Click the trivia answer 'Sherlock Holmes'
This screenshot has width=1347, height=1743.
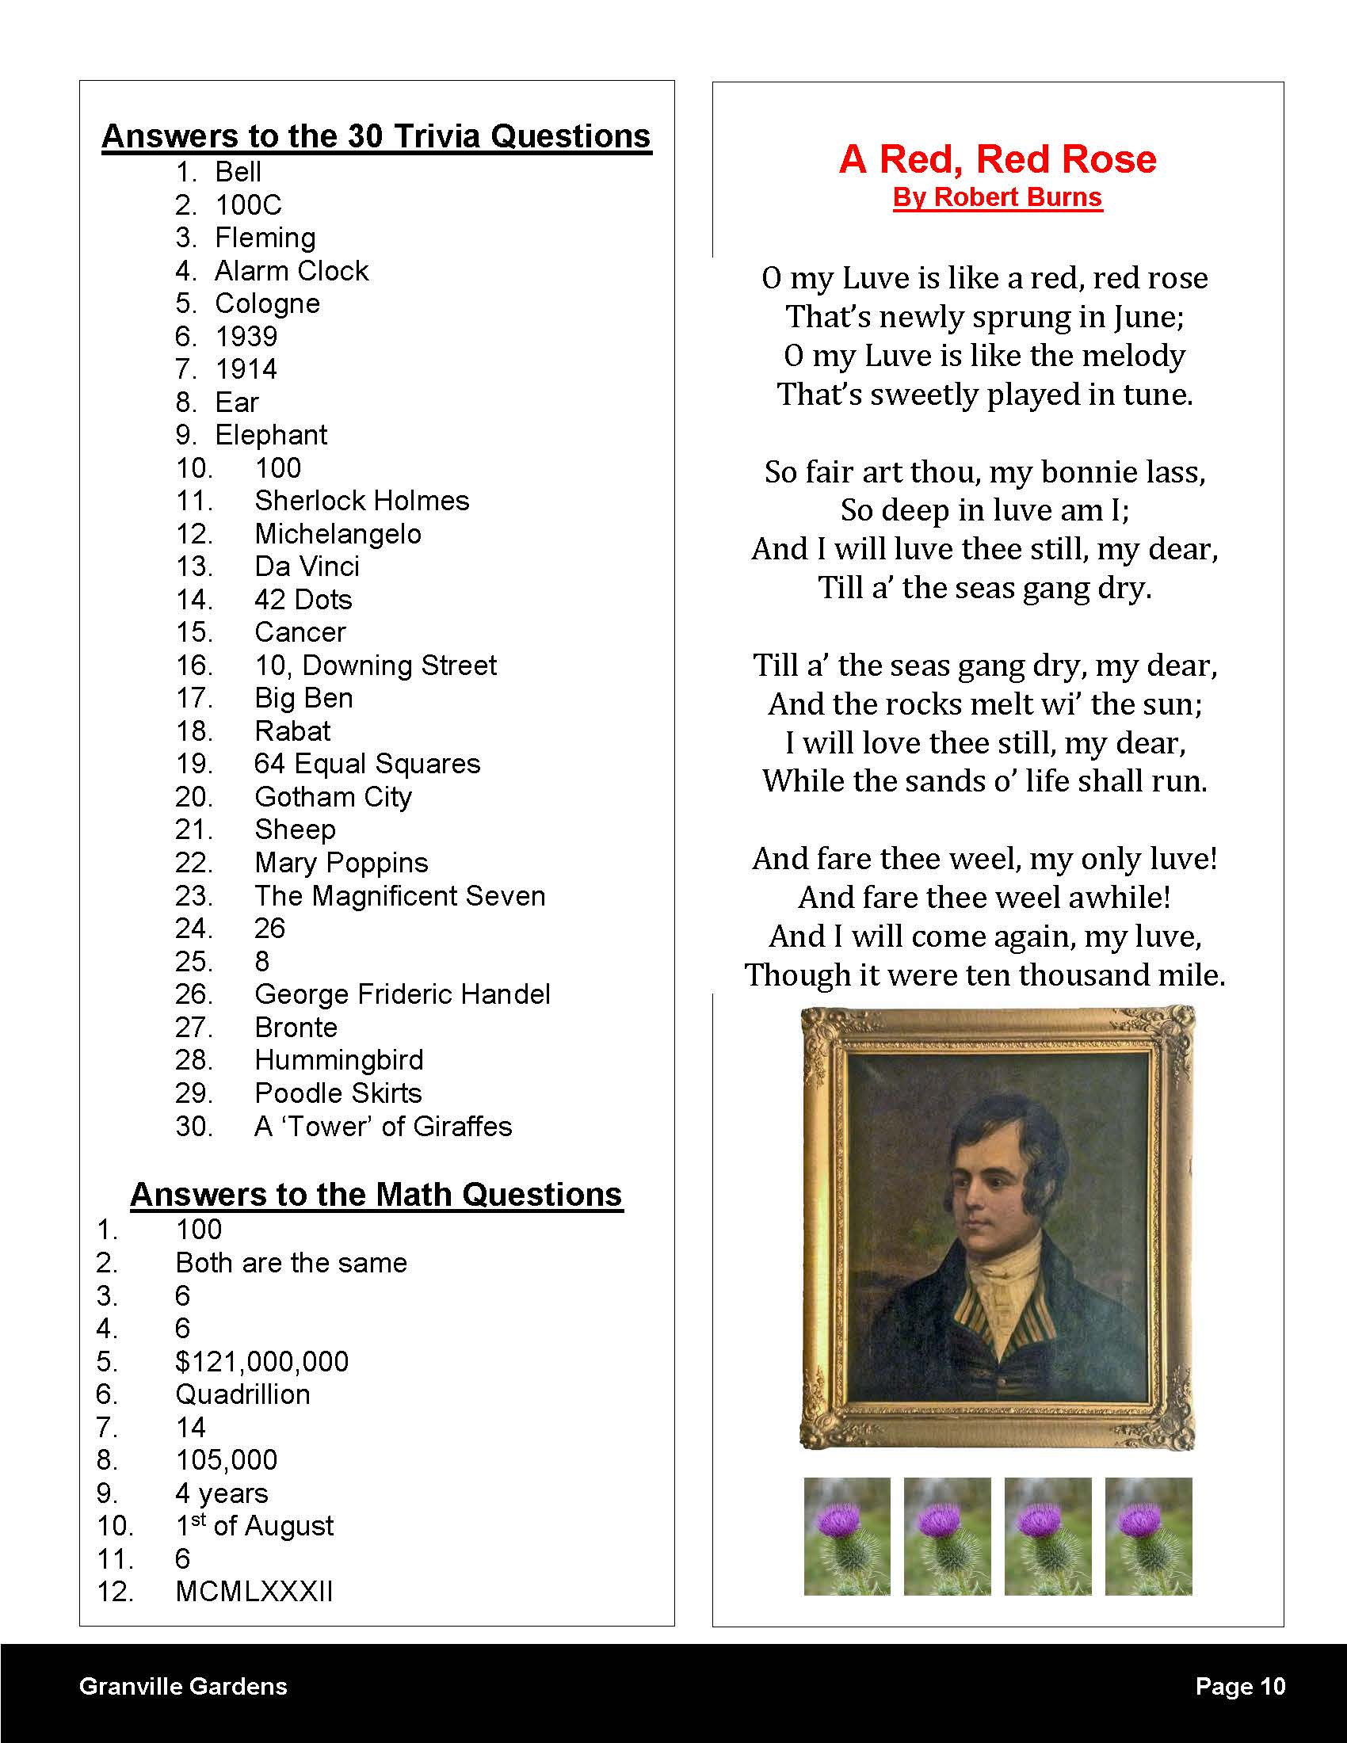point(361,502)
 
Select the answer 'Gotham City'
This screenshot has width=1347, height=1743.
point(333,797)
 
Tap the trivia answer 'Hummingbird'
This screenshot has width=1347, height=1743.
point(338,1061)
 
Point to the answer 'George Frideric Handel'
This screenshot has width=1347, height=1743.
point(403,994)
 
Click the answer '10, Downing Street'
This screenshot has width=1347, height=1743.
point(375,666)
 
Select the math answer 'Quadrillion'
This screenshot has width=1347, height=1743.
point(242,1395)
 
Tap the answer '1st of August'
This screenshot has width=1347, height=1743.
point(254,1526)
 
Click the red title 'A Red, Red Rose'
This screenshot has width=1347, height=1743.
point(997,158)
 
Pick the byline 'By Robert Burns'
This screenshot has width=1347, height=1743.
point(997,197)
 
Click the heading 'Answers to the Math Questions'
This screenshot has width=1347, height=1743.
point(376,1195)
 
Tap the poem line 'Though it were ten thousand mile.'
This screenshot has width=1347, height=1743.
point(985,975)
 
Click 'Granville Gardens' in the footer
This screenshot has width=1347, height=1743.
point(183,1686)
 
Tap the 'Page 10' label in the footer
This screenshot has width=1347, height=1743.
point(1240,1686)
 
